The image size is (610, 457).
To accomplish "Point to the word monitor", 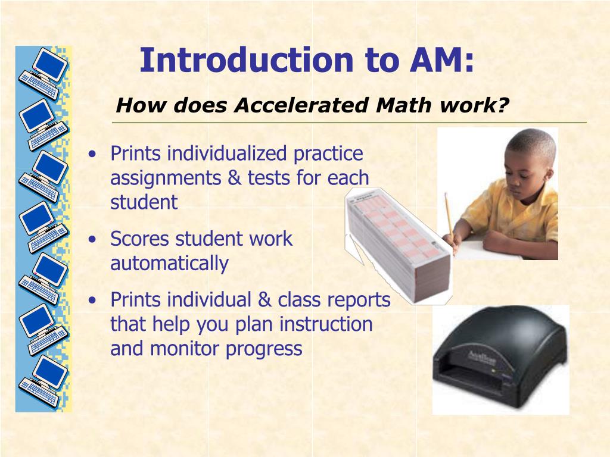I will (185, 349).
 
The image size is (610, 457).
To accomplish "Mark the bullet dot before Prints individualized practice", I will (92, 154).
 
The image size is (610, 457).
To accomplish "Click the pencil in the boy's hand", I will (449, 215).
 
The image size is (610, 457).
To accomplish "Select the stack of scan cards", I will (396, 244).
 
